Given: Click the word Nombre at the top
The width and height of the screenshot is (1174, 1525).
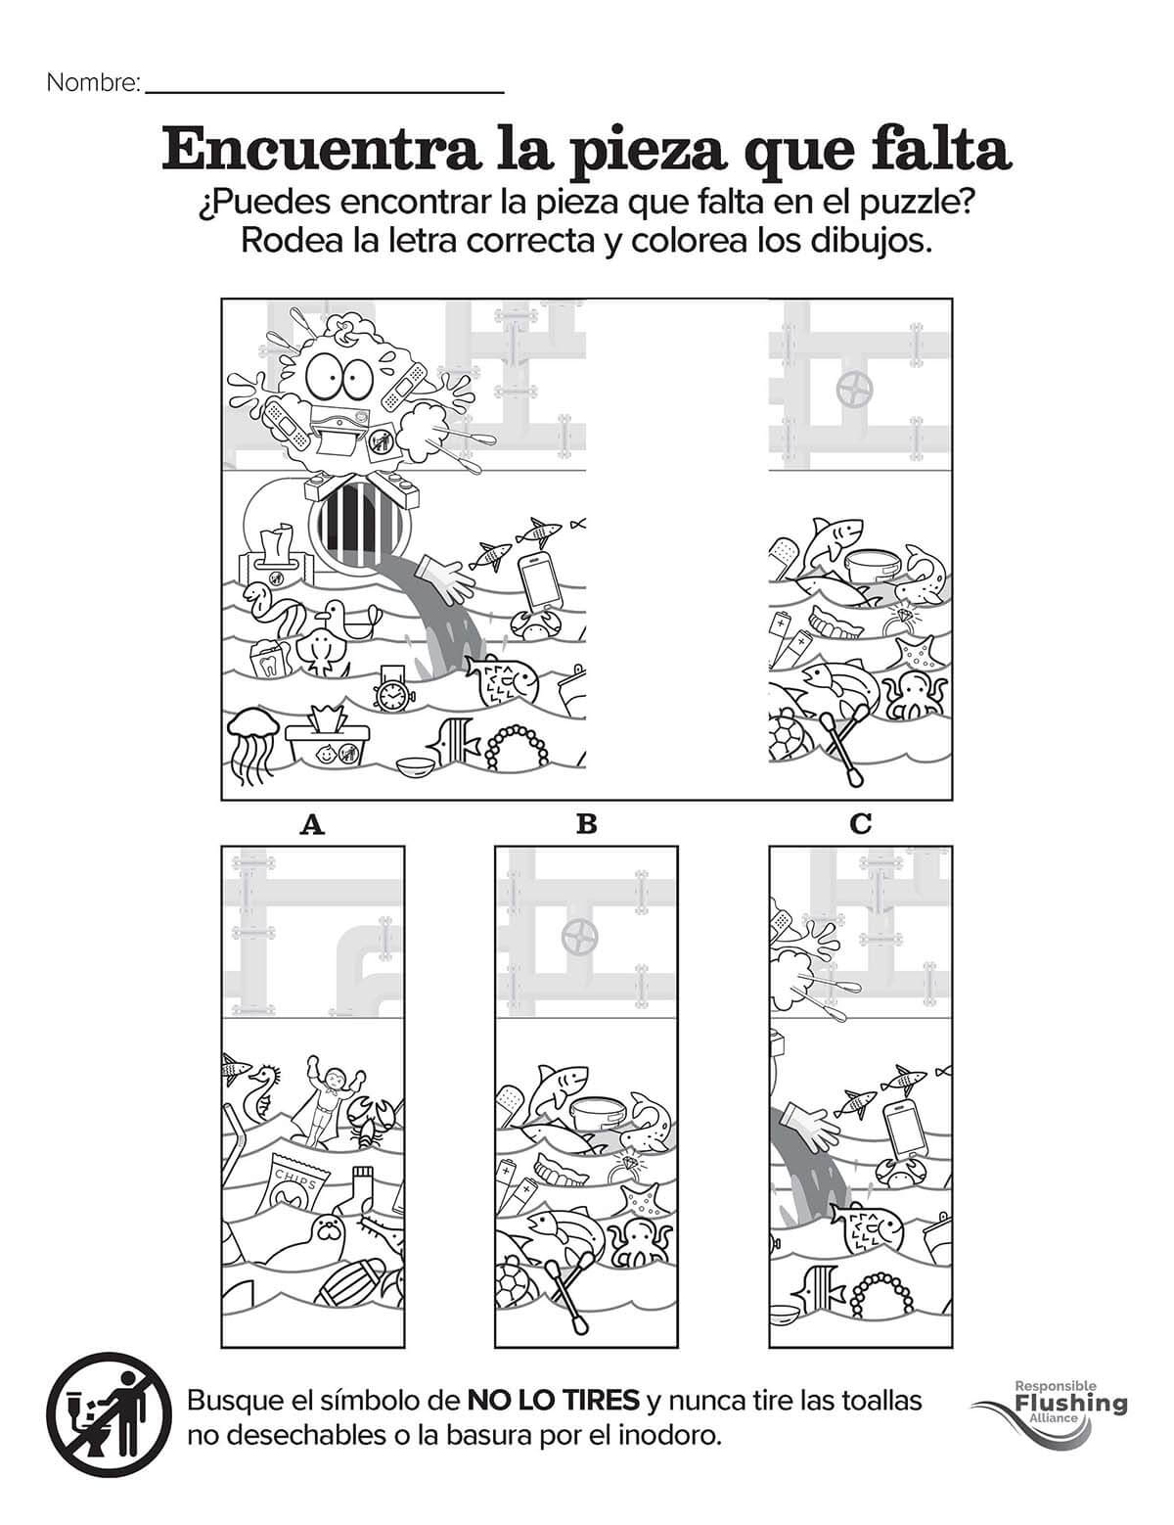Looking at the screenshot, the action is [93, 83].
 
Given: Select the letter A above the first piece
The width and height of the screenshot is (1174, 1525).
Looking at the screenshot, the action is [312, 824].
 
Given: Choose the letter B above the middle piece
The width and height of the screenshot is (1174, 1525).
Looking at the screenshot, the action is [586, 824].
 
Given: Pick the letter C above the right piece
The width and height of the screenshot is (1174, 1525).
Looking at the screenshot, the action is [861, 824].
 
